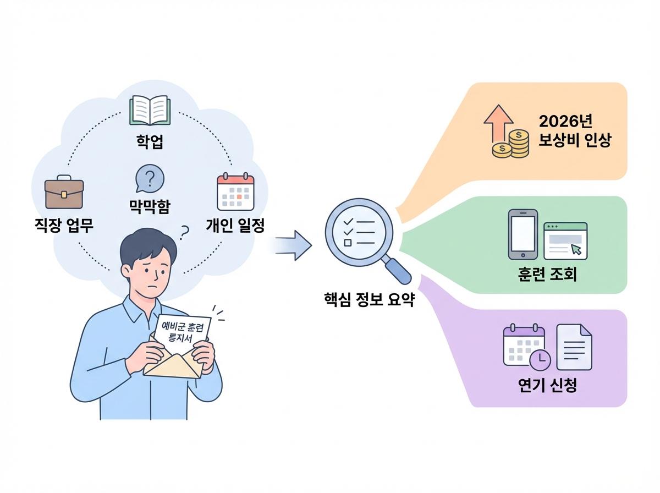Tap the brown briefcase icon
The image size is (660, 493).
pos(64,193)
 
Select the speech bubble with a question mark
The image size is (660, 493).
pos(149,179)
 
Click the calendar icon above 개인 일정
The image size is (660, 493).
pos(235,193)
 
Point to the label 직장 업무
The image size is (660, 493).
pos(64,225)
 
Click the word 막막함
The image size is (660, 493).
pos(150,206)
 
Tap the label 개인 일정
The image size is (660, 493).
pos(235,225)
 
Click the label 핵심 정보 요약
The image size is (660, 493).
pos(369,300)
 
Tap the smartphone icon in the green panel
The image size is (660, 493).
pos(522,234)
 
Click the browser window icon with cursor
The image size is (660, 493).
pos(565,240)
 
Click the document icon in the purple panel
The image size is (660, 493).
pos(574,347)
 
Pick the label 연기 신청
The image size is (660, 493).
pos(548,385)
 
